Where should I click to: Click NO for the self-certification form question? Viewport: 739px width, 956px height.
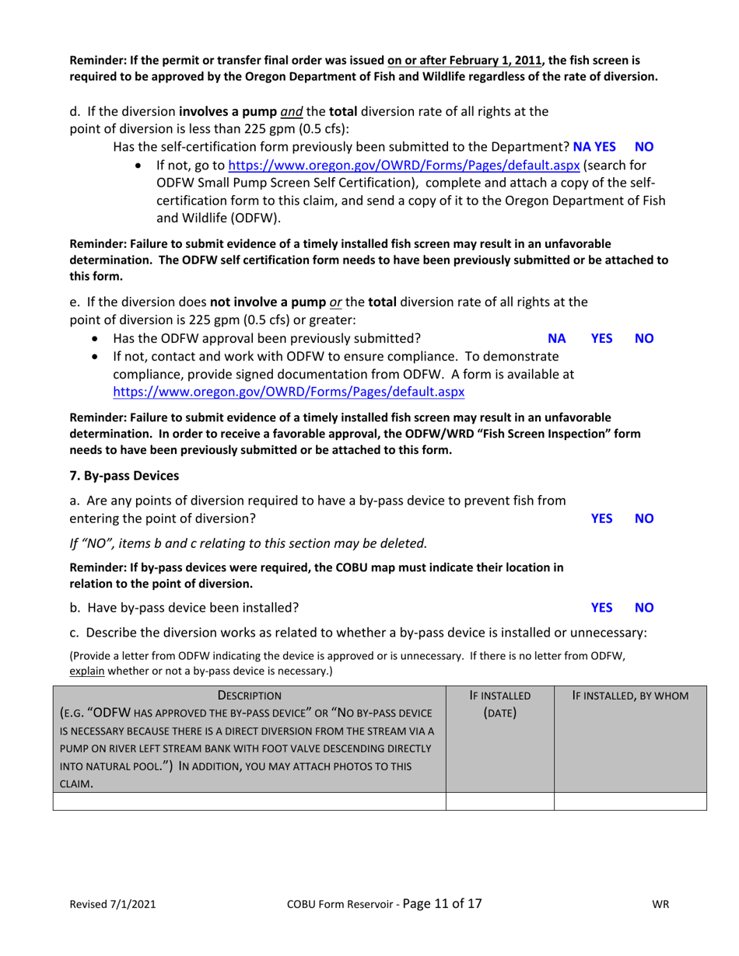[x=645, y=146]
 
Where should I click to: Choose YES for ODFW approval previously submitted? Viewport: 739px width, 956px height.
[x=602, y=338]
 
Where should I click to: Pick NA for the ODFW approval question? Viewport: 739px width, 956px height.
[x=556, y=338]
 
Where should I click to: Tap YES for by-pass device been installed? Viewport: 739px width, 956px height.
[x=602, y=607]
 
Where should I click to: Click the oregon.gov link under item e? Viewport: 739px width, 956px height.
[x=289, y=393]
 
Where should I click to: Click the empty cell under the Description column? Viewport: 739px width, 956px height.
[x=249, y=801]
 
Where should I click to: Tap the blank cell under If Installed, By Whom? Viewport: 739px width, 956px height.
[x=629, y=801]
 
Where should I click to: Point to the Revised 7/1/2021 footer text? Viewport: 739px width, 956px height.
[x=114, y=905]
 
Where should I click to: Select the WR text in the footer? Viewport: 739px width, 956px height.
[x=661, y=905]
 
